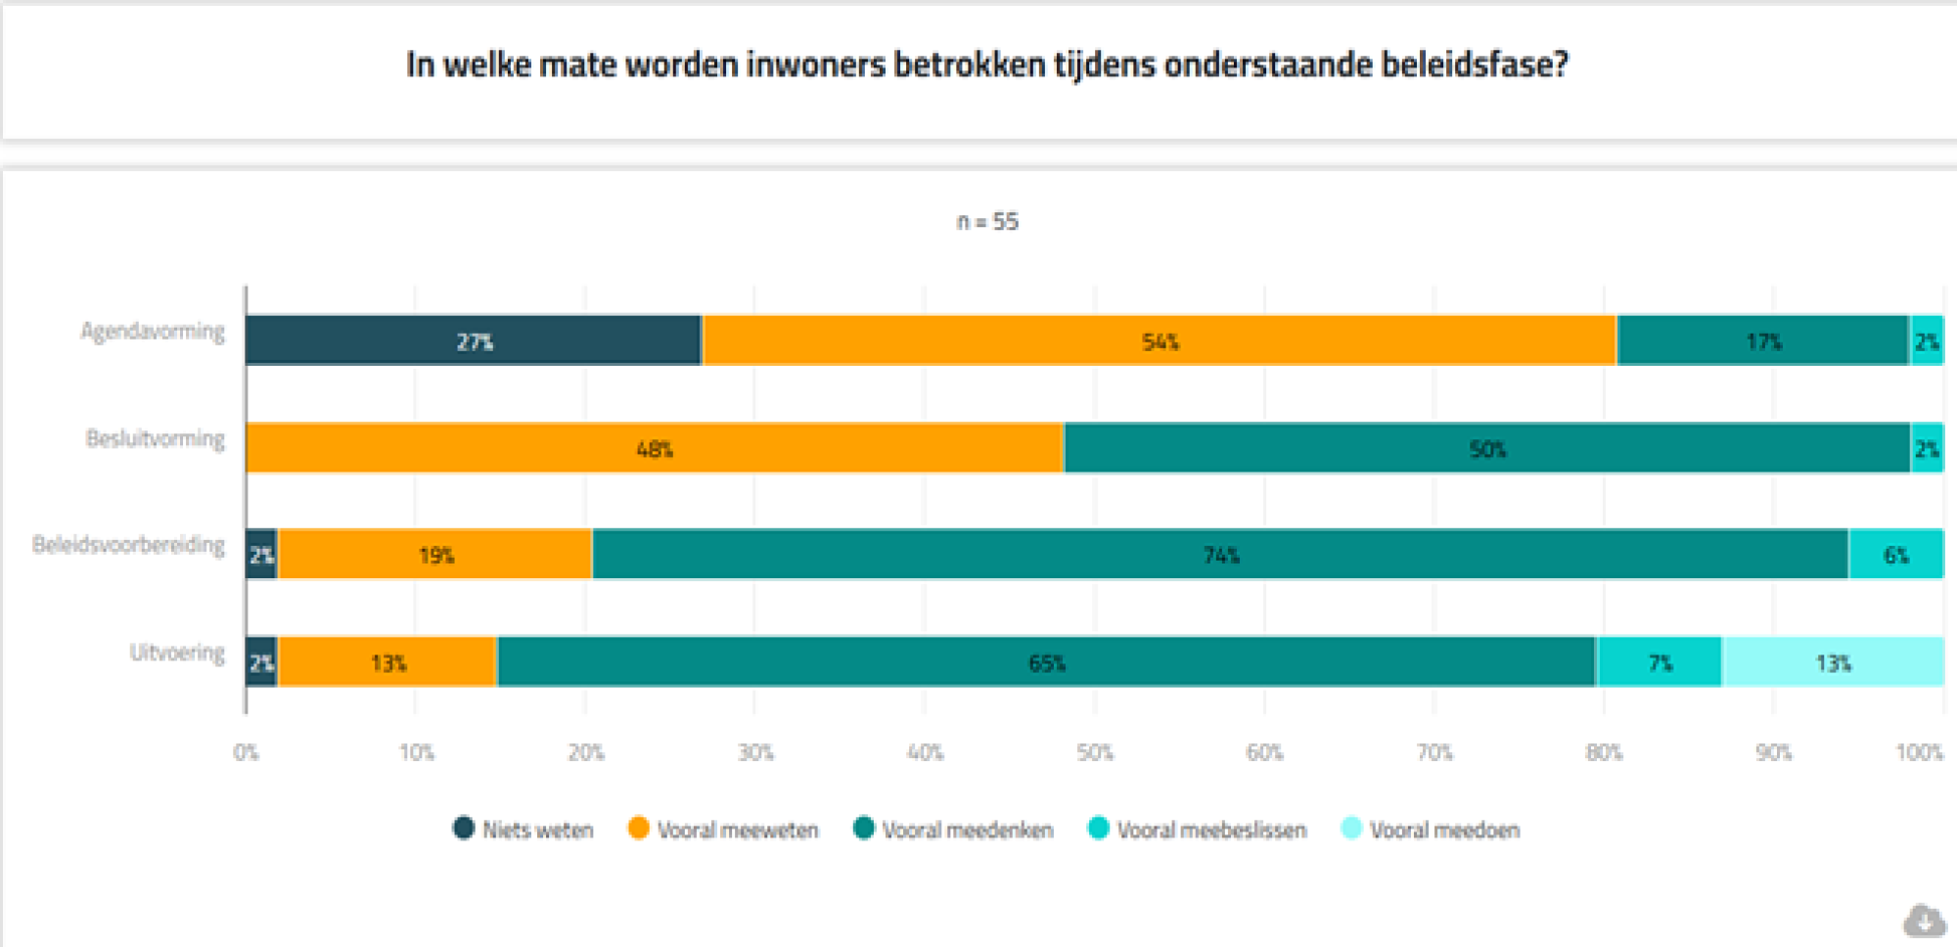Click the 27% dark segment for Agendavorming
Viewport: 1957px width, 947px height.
pos(474,340)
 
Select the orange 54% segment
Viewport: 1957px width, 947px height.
pos(1160,340)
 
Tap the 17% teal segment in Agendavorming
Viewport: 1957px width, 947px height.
pos(1763,340)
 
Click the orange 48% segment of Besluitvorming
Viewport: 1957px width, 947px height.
pos(654,448)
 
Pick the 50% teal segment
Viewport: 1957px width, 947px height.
pos(1486,448)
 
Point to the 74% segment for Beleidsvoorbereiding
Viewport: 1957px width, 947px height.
pos(1220,555)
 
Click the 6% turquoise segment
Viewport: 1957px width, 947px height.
pos(1896,555)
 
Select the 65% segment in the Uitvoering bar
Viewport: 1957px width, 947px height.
pos(1046,662)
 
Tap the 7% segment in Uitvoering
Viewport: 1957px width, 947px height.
pos(1660,662)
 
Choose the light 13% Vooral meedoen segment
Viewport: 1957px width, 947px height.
pos(1833,662)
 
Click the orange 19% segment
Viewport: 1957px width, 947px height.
pos(435,555)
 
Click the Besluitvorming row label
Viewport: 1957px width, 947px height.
pos(155,438)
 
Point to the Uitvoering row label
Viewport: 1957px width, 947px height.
pos(177,653)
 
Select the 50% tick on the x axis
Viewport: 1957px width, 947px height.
pos(1094,752)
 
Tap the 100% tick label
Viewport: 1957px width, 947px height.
pos(1919,752)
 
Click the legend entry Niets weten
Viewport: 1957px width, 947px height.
pos(523,830)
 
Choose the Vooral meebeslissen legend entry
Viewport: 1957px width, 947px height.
pos(1198,830)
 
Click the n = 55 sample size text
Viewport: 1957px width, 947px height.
pos(987,222)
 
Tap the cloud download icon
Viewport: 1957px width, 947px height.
pos(1924,921)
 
